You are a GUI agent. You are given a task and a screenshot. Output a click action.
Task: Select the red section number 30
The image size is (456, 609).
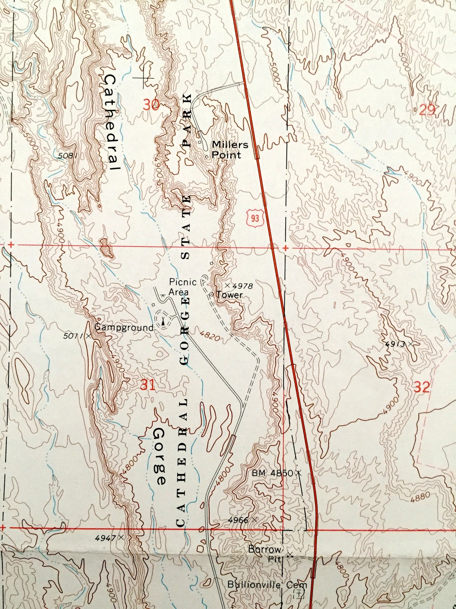click(x=151, y=105)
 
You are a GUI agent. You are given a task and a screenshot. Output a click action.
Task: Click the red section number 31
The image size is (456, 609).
click(x=147, y=385)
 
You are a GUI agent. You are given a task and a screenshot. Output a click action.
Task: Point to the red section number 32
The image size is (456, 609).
click(x=422, y=387)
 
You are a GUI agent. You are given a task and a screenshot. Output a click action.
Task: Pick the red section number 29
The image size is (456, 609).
click(x=427, y=110)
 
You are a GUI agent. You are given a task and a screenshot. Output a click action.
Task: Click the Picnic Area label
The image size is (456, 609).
click(x=182, y=286)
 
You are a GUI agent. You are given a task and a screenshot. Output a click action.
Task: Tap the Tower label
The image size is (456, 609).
click(x=229, y=295)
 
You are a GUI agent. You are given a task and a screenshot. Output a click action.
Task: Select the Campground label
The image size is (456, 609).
click(x=124, y=328)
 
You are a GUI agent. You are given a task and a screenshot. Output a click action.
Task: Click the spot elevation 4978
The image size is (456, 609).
click(x=242, y=286)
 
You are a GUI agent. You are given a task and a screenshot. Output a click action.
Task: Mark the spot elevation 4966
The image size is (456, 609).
click(x=238, y=520)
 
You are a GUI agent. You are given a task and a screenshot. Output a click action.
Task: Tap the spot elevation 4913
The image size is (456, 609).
click(x=396, y=344)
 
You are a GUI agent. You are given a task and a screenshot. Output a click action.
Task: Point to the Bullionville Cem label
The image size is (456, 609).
click(x=267, y=585)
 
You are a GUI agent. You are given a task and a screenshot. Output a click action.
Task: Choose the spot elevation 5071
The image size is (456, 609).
click(x=74, y=336)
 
